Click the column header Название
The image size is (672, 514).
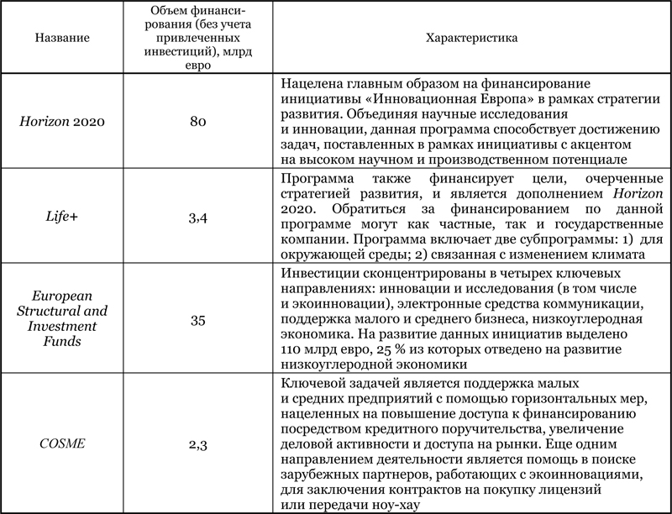point(63,38)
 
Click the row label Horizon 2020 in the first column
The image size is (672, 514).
point(62,122)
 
